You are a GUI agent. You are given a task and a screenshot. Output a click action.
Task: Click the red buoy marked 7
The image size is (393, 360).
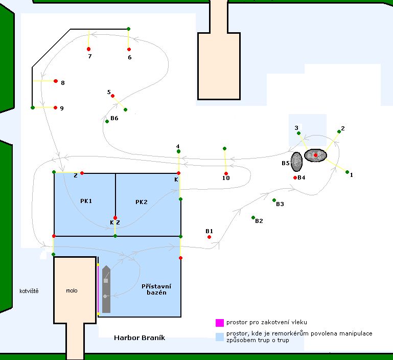click(x=88, y=49)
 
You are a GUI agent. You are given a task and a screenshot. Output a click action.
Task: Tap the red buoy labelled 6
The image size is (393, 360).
click(x=129, y=49)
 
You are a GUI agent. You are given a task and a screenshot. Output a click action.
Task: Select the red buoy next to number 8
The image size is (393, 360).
click(x=55, y=81)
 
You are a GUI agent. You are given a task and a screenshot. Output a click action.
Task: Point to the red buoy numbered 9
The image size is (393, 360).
click(x=55, y=107)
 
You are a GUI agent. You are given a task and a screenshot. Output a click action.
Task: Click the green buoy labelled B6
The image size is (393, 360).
click(x=107, y=121)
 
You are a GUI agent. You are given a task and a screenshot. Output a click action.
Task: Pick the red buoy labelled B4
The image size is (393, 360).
click(x=295, y=177)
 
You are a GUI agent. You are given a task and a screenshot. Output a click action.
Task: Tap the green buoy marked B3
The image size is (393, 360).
click(x=274, y=200)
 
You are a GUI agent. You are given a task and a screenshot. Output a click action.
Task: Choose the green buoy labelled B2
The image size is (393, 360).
click(x=253, y=217)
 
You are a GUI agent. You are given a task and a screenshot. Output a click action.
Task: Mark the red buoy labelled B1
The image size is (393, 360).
click(x=210, y=237)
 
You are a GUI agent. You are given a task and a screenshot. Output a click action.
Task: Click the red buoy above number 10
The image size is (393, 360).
click(x=226, y=173)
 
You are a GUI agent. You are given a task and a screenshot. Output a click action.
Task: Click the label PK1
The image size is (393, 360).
click(x=86, y=201)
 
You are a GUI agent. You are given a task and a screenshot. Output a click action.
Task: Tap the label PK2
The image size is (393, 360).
click(x=141, y=202)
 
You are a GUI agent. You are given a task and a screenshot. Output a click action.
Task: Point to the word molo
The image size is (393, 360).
click(x=72, y=290)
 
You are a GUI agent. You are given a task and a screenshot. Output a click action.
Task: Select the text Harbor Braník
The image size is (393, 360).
click(x=140, y=338)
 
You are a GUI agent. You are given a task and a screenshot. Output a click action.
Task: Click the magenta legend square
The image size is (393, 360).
click(x=220, y=323)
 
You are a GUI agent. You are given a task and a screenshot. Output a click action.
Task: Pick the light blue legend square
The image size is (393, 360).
click(x=220, y=336)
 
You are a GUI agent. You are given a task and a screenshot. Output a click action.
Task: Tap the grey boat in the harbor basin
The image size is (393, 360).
click(x=106, y=289)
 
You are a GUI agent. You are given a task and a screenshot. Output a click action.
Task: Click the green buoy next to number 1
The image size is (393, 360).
click(x=347, y=172)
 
